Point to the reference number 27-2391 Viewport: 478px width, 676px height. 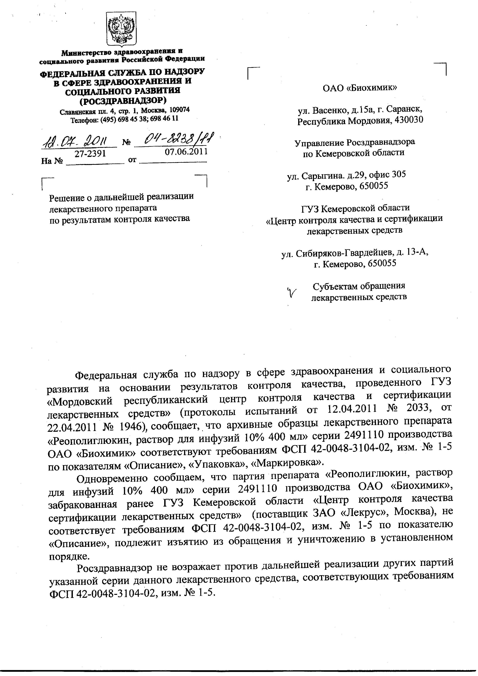tap(90, 154)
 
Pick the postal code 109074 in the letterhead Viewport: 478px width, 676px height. tap(178, 110)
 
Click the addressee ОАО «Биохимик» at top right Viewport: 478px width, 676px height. tap(360, 88)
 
